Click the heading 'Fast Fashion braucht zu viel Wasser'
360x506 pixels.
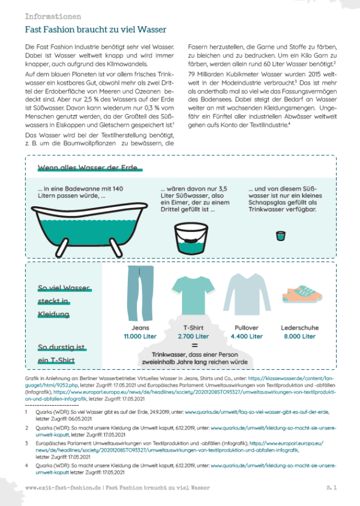pos(95,29)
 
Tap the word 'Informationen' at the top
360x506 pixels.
pos(53,16)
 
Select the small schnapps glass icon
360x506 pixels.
pos(280,236)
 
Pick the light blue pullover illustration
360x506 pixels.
pos(244,294)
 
